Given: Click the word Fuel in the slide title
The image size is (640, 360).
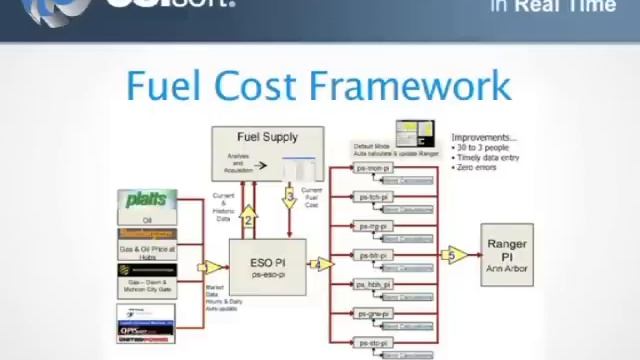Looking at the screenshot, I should coord(165,86).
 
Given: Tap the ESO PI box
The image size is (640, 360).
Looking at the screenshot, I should coord(268,267).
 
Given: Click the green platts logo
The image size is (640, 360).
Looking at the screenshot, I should coord(147,200).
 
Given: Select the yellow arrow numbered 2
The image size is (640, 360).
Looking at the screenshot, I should coord(248,212).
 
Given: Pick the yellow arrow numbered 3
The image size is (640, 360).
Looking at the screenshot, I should coord(290,197).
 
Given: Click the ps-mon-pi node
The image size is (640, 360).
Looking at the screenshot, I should coord(374,169).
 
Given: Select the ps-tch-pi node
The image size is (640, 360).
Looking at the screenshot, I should coord(374,198).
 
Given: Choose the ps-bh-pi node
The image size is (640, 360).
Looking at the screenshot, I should coord(374,256).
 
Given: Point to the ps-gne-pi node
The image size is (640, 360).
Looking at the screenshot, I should coord(374,314).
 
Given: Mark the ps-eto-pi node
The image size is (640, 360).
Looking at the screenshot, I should coord(374,343).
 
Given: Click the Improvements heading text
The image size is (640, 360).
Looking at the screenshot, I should coord(484,137).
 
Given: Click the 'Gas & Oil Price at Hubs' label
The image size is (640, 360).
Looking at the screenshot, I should coord(147,250).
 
